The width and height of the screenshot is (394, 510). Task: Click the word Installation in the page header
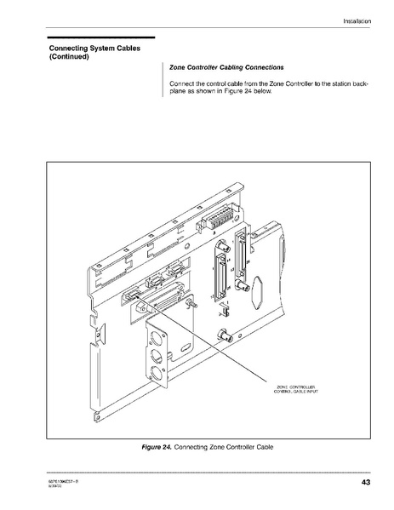pyautogui.click(x=356, y=20)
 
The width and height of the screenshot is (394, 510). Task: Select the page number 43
pyautogui.click(x=365, y=484)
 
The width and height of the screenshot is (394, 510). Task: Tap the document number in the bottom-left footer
pyautogui.click(x=66, y=482)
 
